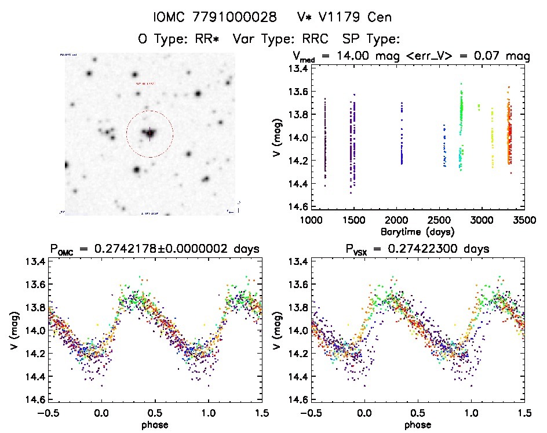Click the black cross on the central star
(x=149, y=133)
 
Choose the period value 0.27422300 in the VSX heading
(x=406, y=249)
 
